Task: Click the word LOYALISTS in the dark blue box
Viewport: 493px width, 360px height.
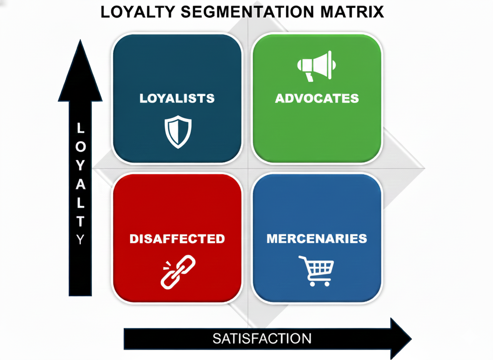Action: click(177, 98)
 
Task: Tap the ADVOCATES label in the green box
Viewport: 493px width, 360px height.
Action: click(317, 98)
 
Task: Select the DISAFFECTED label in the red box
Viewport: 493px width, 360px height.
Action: click(177, 239)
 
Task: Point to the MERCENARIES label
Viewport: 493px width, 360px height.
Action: click(317, 238)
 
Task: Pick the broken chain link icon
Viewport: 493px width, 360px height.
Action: click(178, 271)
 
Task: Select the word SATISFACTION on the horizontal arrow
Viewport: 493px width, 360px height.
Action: click(262, 338)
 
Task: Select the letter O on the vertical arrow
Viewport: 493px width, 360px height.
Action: click(80, 147)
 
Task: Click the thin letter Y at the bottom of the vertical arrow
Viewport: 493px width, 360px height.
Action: click(80, 240)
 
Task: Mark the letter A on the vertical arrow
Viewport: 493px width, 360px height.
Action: click(80, 184)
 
